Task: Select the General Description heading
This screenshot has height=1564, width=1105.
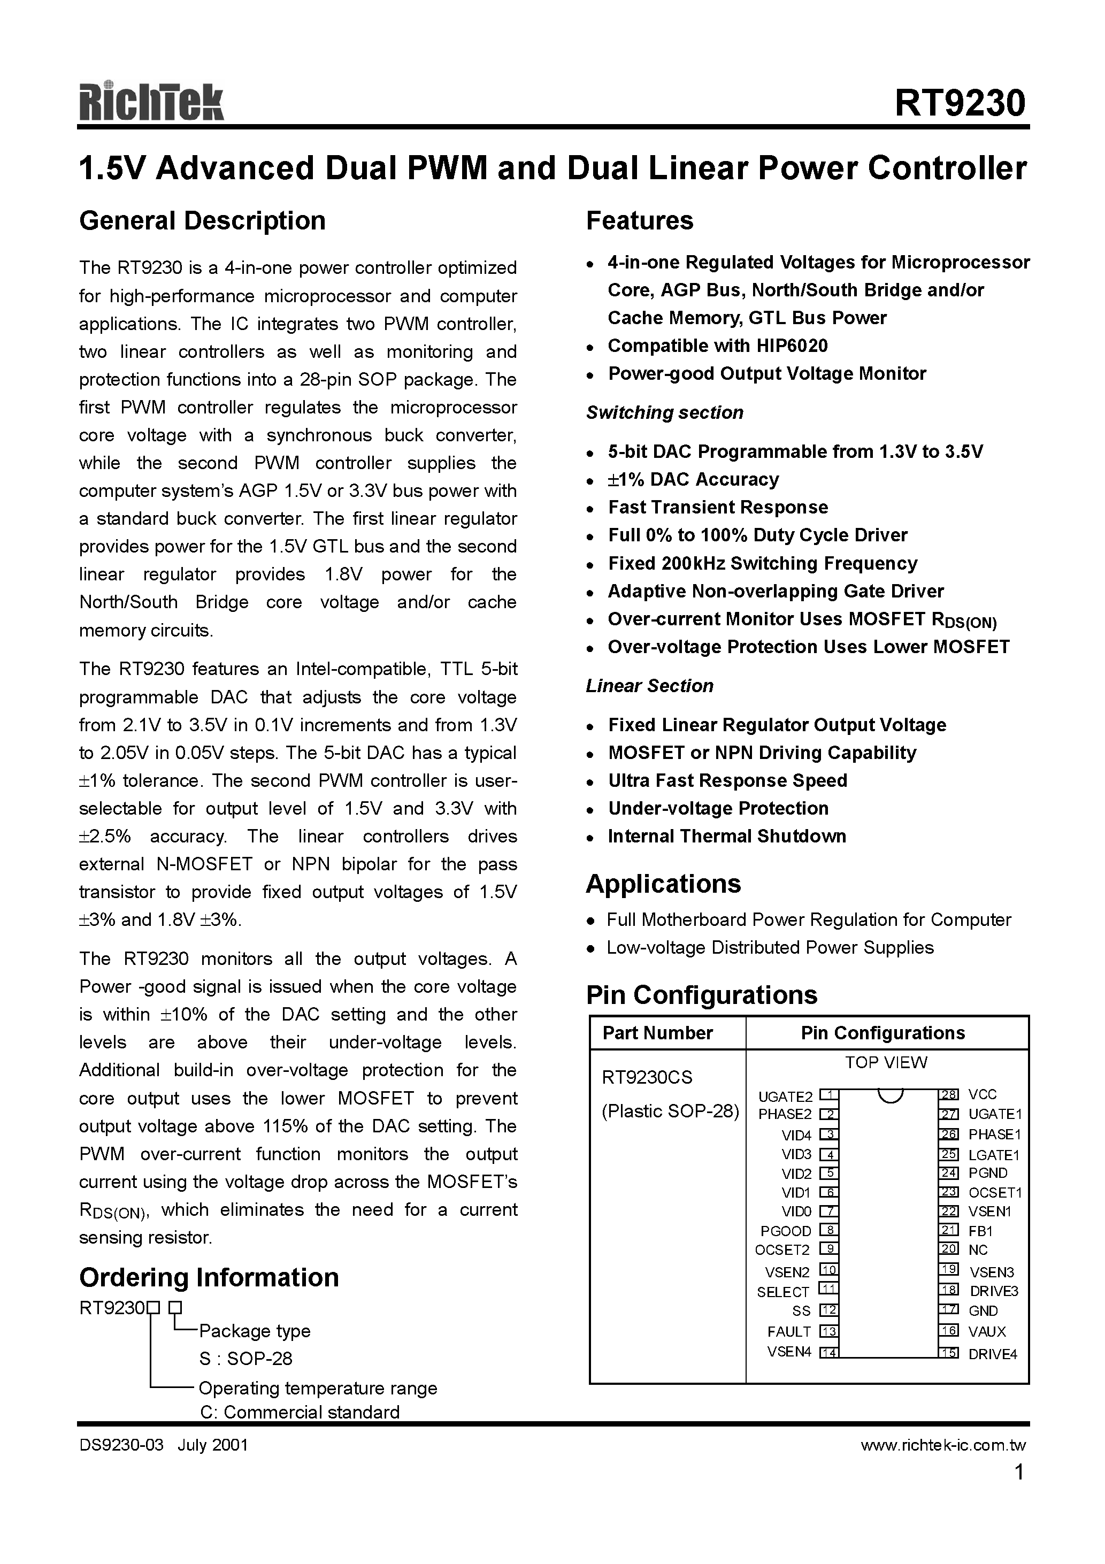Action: pos(202,221)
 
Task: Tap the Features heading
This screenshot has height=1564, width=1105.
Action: pos(639,221)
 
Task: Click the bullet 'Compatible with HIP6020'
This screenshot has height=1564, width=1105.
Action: pos(717,346)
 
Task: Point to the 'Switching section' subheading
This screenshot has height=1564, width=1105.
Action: pos(664,413)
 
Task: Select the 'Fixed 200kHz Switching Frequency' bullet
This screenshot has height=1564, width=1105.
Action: pos(762,563)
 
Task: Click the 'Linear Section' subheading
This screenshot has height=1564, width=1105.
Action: pos(649,686)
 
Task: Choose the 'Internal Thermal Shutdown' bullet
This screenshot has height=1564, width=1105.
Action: pos(727,837)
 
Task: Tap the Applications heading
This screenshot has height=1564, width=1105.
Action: pos(663,884)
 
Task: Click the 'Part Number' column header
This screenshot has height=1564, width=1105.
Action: pos(657,1033)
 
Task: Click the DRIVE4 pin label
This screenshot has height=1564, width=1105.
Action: pos(993,1354)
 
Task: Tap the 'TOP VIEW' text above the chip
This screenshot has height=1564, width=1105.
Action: pos(886,1063)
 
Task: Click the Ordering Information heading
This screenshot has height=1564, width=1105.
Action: pos(209,1278)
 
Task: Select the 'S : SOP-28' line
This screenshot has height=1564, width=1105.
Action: pos(246,1359)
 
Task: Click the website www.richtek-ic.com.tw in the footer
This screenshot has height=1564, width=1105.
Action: pos(943,1445)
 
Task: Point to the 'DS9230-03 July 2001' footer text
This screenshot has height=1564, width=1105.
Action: pos(164,1445)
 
